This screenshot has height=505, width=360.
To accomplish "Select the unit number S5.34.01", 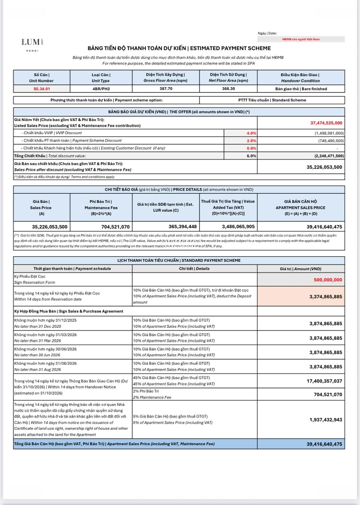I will click(x=42, y=88).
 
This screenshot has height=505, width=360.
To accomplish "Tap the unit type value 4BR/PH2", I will click(x=101, y=88).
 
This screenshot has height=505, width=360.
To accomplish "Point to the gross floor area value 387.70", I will click(x=165, y=88).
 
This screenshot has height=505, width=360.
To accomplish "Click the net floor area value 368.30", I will click(x=229, y=88).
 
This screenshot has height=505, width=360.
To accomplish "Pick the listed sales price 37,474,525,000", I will click(x=326, y=123).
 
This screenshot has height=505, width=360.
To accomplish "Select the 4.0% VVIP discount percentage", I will click(x=251, y=133).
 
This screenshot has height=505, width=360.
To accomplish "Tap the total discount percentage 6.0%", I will click(x=251, y=156).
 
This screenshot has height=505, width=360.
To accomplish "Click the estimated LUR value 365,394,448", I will click(x=167, y=226).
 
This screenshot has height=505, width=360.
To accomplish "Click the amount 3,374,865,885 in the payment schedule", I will click(x=325, y=296).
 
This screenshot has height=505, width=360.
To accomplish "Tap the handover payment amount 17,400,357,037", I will click(x=324, y=381).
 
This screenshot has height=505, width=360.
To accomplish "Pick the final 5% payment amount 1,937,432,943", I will click(x=325, y=419).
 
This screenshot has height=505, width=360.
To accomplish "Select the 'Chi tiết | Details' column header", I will click(x=194, y=269).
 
